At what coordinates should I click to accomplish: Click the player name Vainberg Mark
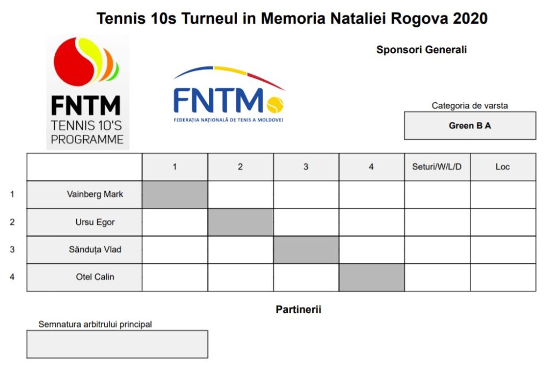pos(95,194)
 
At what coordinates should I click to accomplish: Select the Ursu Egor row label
pos(95,222)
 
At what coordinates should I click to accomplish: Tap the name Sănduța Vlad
pos(95,249)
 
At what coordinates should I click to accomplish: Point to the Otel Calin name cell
pos(84,277)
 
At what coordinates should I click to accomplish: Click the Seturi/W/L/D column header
pos(437,167)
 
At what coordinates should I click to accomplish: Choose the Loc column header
pos(503,167)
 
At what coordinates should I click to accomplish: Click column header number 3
pos(306,167)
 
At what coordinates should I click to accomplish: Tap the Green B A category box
pos(470,126)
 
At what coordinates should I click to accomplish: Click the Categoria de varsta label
pos(469,106)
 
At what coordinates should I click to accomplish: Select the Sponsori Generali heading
pos(421,50)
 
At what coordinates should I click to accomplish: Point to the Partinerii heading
pos(299,310)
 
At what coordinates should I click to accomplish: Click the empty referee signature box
pos(118,345)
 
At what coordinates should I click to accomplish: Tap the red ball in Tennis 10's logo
pos(75,62)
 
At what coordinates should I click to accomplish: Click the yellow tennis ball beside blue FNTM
pos(275,104)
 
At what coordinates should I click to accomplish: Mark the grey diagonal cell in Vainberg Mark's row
pos(175,195)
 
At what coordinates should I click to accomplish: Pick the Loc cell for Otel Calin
pos(503,277)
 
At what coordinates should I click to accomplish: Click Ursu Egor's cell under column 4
pos(372,222)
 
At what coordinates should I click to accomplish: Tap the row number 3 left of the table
pos(12,249)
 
